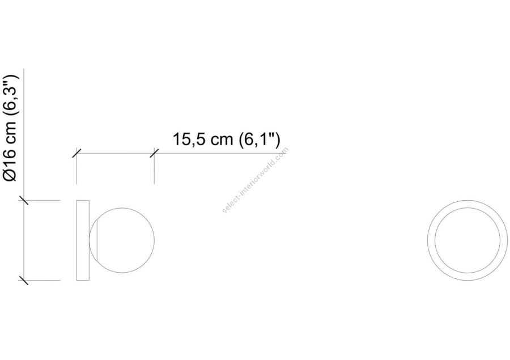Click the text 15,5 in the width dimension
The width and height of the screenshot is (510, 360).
(x=189, y=139)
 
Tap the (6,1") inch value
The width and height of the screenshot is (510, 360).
(x=259, y=139)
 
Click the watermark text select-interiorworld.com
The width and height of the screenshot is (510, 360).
(x=255, y=180)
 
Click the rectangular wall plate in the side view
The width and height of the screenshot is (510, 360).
(x=83, y=240)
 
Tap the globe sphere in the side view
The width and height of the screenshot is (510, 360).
(x=122, y=240)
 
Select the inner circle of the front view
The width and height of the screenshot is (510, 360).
(x=467, y=208)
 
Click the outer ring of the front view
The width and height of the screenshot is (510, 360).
(x=467, y=201)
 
